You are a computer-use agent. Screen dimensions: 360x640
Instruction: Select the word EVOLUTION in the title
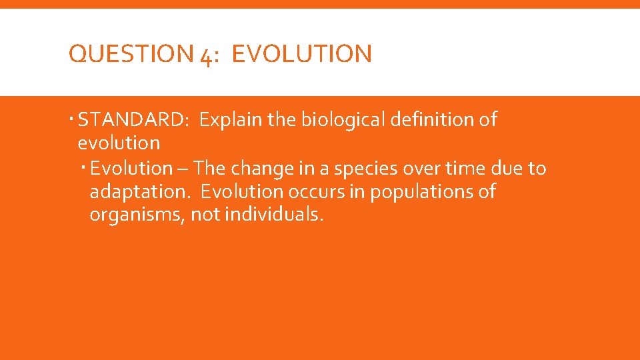[301, 54]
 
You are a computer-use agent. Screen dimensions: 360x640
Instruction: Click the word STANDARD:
[135, 120]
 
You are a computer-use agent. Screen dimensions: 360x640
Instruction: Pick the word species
[366, 169]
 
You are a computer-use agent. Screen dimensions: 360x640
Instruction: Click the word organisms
[137, 215]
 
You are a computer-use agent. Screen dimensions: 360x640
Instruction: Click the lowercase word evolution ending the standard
[119, 143]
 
